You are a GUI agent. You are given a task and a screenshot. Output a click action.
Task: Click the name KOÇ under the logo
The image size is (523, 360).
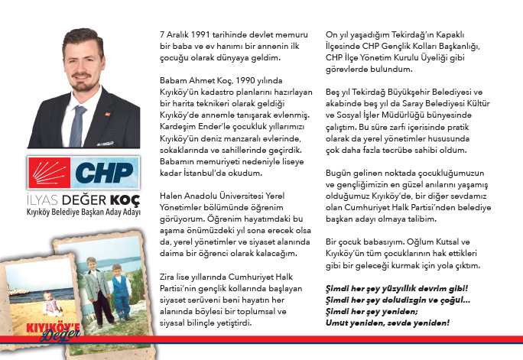pos(122,199)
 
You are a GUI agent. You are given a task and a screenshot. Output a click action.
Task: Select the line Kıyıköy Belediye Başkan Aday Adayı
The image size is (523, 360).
pos(83,212)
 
